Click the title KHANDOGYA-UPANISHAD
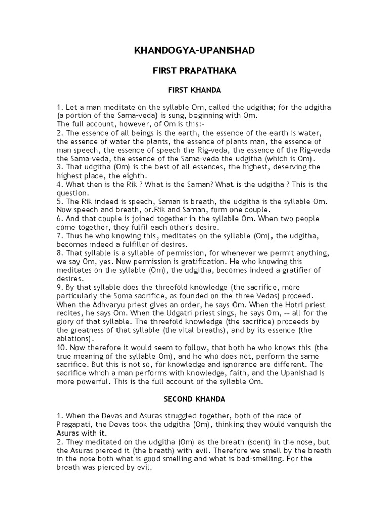194,51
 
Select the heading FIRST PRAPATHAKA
194,71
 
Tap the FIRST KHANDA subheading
194,91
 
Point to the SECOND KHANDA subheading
194,399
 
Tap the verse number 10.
61,348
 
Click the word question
73,193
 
